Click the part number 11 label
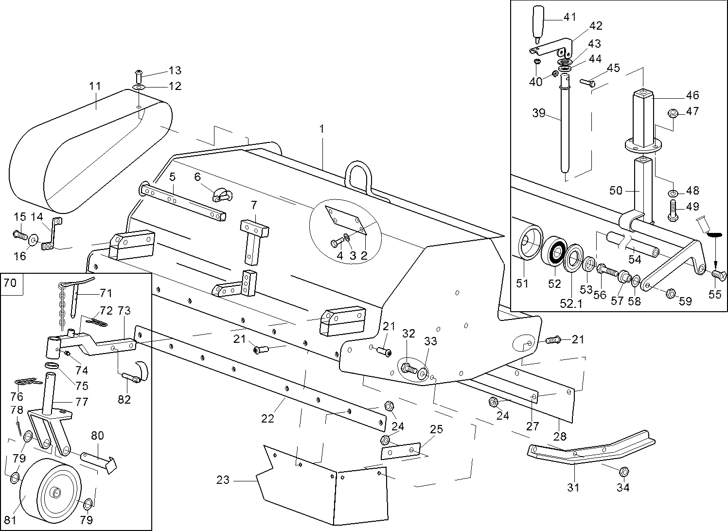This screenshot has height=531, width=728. click(95, 87)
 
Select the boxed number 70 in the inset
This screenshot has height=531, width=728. click(12, 283)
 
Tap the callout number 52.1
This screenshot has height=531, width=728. click(571, 303)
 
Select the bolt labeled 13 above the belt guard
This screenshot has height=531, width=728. click(138, 76)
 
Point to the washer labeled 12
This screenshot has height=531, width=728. click(139, 88)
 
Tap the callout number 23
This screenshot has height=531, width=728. click(223, 480)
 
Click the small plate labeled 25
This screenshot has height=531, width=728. click(401, 451)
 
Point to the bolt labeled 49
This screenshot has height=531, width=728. click(674, 210)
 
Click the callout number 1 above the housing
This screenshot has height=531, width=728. click(321, 129)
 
